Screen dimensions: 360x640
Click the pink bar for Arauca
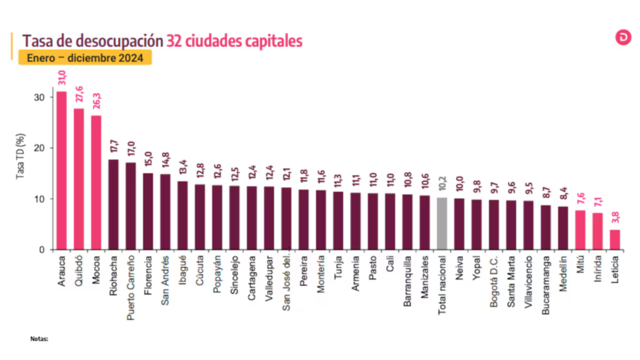click(61, 170)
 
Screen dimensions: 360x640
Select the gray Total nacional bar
click(442, 223)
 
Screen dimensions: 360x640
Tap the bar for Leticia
click(615, 239)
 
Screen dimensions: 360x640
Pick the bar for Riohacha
click(113, 204)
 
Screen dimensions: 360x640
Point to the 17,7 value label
click(114, 147)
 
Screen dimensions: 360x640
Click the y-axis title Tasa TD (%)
click(20, 156)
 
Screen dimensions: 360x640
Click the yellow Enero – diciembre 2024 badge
click(84, 58)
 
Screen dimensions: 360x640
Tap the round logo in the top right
click(623, 37)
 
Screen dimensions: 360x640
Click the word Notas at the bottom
click(39, 339)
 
